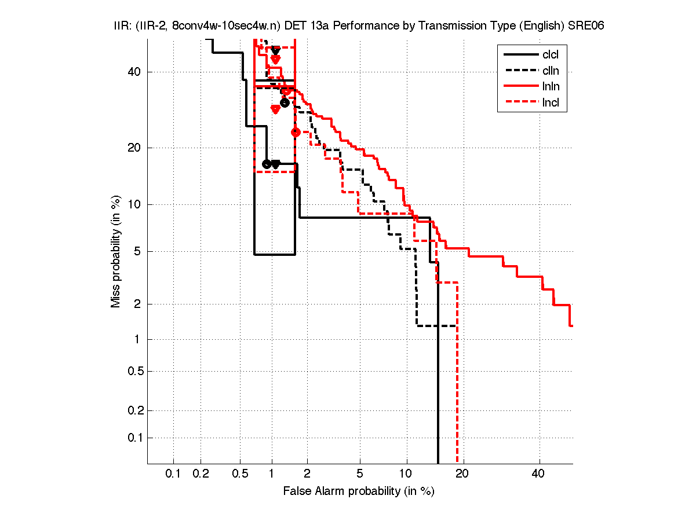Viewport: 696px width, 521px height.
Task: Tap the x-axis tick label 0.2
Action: click(201, 474)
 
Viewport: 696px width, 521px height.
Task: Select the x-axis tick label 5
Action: click(360, 474)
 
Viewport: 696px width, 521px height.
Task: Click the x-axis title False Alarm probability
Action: click(359, 491)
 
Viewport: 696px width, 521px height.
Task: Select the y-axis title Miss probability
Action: click(116, 251)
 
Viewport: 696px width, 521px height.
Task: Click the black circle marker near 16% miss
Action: click(267, 164)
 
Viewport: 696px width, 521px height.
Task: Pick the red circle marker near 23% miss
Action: click(296, 132)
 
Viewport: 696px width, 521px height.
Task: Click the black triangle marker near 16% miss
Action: click(276, 164)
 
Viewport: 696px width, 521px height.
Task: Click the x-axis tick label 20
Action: click(462, 474)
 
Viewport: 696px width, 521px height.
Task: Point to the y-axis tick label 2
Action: click(138, 304)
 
